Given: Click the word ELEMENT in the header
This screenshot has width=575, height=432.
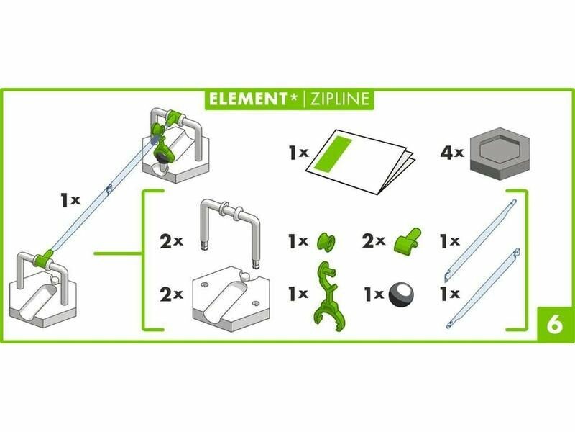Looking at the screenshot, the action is pyautogui.click(x=248, y=99).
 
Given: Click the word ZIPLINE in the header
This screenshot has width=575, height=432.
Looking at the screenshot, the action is pyautogui.click(x=339, y=99).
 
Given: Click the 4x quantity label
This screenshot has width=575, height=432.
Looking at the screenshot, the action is pyautogui.click(x=452, y=153).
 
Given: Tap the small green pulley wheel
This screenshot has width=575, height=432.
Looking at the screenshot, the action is pyautogui.click(x=326, y=241).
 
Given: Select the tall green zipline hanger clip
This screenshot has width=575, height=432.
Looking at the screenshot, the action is pyautogui.click(x=326, y=294).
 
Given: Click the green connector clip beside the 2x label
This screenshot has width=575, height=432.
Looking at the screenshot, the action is pyautogui.click(x=408, y=240).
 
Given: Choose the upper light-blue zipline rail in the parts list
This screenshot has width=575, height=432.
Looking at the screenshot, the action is pyautogui.click(x=480, y=240).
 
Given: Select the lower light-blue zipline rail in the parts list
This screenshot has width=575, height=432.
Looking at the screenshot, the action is pyautogui.click(x=482, y=288).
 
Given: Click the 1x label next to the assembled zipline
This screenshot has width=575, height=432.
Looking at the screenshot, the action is pyautogui.click(x=70, y=201).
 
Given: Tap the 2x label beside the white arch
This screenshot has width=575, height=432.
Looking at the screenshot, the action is pyautogui.click(x=171, y=241).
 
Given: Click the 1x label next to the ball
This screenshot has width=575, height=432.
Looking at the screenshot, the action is pyautogui.click(x=374, y=294).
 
